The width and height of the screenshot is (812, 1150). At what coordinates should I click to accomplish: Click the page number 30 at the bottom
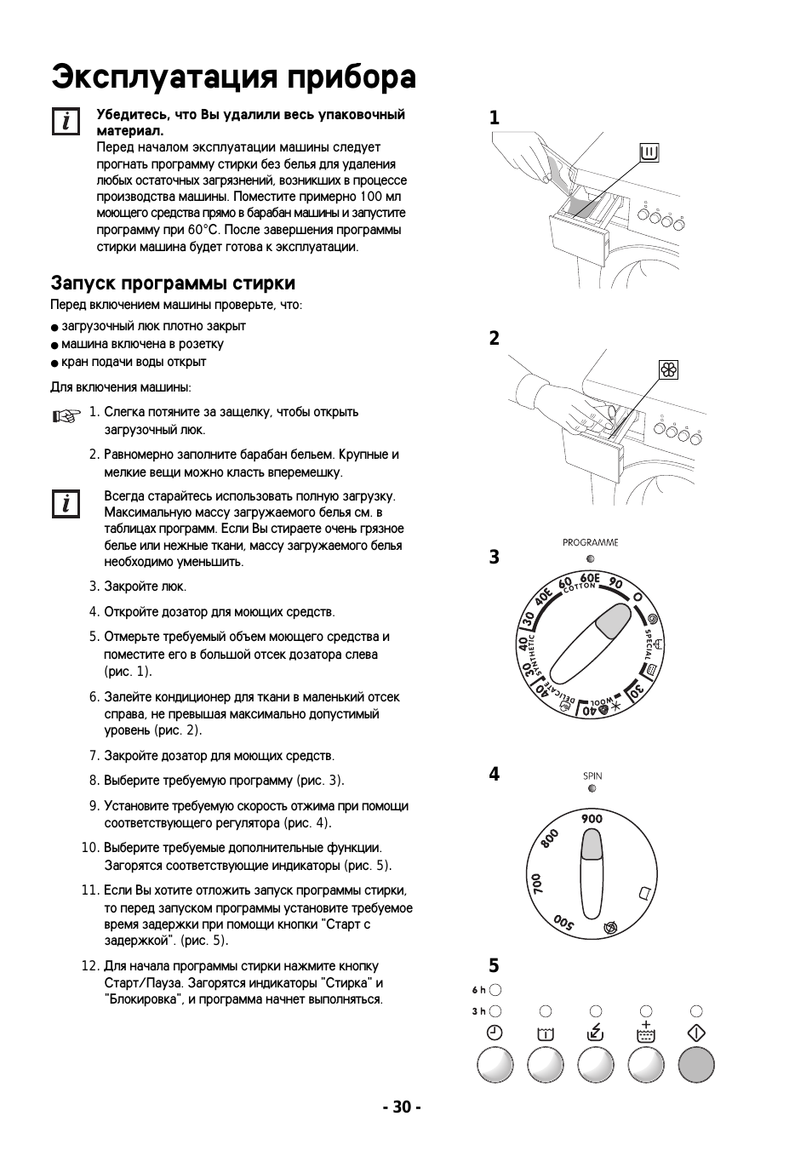click(402, 1107)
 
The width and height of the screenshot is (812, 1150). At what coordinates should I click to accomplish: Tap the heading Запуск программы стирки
click(173, 283)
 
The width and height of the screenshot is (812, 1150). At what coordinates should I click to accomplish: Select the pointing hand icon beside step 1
click(64, 415)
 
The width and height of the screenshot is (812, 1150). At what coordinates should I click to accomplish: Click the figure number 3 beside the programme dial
click(494, 558)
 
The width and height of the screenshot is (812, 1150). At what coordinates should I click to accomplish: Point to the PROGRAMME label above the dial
click(590, 542)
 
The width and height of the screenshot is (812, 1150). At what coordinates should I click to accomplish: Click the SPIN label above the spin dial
click(592, 775)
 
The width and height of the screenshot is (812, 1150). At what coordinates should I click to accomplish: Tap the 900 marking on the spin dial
click(592, 819)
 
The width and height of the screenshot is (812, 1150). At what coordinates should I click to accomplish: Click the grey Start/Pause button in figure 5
click(696, 1065)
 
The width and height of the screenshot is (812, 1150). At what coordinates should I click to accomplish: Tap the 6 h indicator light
click(495, 990)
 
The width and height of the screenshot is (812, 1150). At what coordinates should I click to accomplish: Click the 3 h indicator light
click(495, 1011)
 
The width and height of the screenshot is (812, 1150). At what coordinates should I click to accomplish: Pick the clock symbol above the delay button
click(495, 1033)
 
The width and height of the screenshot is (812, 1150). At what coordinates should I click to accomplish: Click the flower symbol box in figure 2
click(669, 369)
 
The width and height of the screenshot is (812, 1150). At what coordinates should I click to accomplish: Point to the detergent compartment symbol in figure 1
click(649, 153)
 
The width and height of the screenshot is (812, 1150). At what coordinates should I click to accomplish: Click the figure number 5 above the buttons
click(494, 965)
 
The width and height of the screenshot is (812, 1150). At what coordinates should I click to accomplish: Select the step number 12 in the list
click(90, 966)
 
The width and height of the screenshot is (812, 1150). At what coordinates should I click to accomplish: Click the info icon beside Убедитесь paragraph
click(65, 122)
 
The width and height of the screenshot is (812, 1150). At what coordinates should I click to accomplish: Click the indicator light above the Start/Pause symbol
click(696, 1011)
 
